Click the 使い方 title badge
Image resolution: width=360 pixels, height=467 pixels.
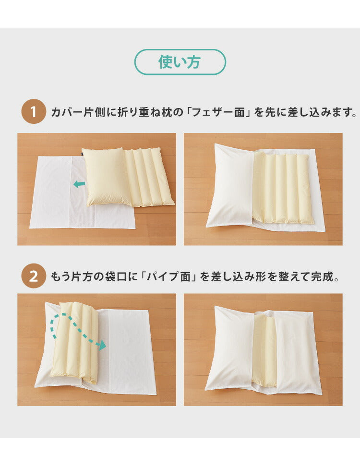[180, 62]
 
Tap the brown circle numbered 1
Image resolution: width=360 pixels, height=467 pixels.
[34, 112]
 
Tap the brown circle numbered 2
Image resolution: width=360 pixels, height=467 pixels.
[34, 276]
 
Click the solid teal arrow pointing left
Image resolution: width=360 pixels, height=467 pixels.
[80, 184]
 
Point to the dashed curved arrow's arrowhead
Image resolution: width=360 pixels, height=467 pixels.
[101, 346]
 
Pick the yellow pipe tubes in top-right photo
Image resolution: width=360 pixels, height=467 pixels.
[283, 188]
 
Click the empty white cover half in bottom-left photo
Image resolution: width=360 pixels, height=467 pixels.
[130, 350]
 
